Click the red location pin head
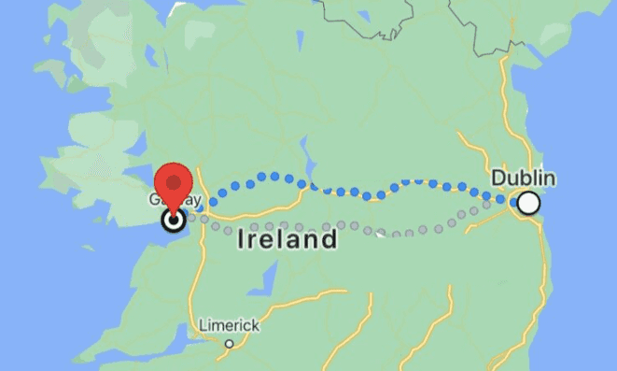pyautogui.click(x=174, y=180)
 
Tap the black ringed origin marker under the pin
pyautogui.click(x=174, y=221)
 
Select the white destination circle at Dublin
pyautogui.click(x=529, y=203)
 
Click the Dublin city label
pyautogui.click(x=524, y=178)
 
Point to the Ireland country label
pyautogui.click(x=287, y=240)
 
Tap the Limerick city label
pyautogui.click(x=229, y=325)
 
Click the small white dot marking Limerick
pyautogui.click(x=229, y=343)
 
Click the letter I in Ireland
pyautogui.click(x=242, y=240)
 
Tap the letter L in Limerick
pyautogui.click(x=203, y=325)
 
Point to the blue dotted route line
pyautogui.click(x=271, y=176)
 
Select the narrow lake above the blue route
pyautogui.click(x=303, y=150)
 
